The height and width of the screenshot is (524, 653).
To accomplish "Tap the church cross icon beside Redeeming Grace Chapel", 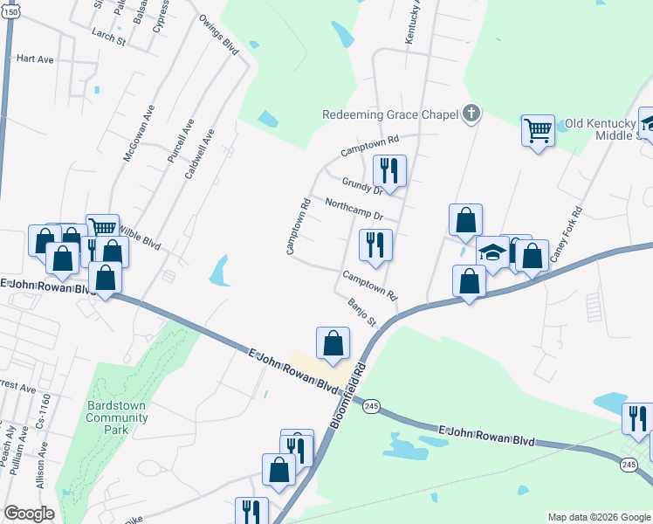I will (x=471, y=113).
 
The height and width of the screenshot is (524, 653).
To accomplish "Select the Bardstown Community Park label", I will (x=117, y=417).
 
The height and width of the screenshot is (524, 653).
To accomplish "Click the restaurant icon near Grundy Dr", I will (x=388, y=170).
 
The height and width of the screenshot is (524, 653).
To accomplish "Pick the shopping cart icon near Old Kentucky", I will (x=538, y=131).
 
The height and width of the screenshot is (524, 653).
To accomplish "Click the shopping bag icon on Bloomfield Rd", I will (x=333, y=342).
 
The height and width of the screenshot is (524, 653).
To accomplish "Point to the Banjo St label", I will (x=361, y=312).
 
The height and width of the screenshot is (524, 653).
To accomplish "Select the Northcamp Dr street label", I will (x=354, y=209).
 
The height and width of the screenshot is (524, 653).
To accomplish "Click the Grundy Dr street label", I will (x=363, y=185).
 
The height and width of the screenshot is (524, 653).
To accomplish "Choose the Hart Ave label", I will (x=35, y=59).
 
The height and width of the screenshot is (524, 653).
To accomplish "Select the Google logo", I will (x=29, y=514).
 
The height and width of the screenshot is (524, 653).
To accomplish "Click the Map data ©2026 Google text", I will (x=599, y=517).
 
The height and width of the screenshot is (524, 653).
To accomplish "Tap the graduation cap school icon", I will (x=492, y=252).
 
